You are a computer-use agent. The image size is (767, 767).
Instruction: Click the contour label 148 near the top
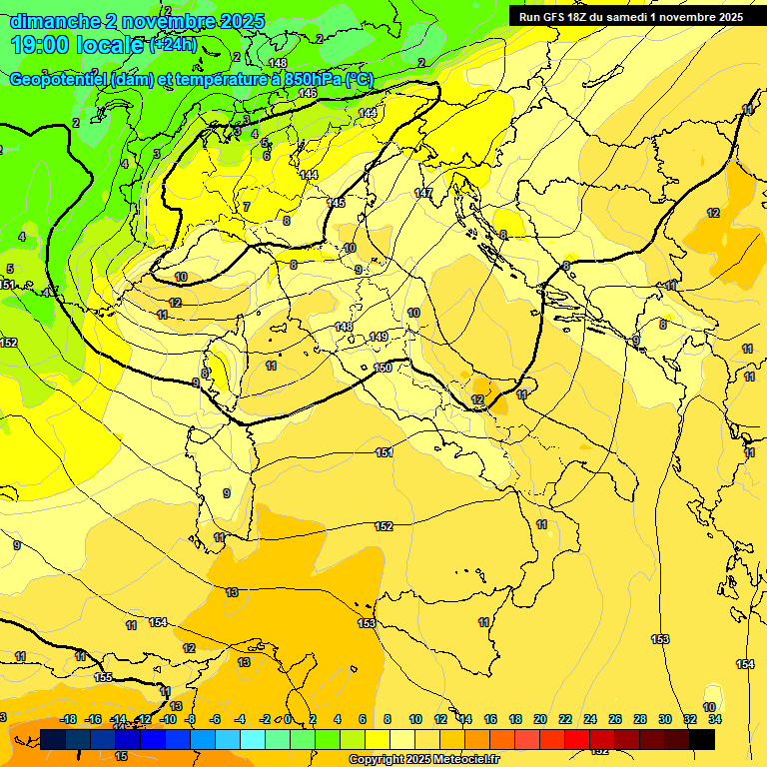[x=278, y=64]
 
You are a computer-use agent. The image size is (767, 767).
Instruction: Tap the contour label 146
[x=308, y=93]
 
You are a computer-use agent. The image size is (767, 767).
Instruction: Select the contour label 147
[x=423, y=193]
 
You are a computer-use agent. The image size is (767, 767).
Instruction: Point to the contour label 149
[x=379, y=337]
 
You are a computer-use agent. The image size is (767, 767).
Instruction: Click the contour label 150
[x=383, y=369]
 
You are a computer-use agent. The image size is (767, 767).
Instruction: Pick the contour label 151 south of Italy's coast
[x=383, y=453]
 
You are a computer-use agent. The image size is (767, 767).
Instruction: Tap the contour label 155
[x=103, y=677]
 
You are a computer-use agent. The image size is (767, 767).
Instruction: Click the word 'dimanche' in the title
[x=54, y=21]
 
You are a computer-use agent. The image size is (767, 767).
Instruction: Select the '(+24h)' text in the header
[x=174, y=45]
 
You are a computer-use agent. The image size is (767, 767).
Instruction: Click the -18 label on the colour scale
[x=69, y=719]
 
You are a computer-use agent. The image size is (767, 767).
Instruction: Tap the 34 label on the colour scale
[x=715, y=719]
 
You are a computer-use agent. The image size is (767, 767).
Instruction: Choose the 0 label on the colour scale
[x=288, y=719]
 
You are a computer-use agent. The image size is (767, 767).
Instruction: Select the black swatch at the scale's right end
[x=701, y=739]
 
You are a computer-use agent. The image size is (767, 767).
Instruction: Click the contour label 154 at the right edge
[x=745, y=665]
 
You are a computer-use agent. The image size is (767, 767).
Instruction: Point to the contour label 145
[x=337, y=203]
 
